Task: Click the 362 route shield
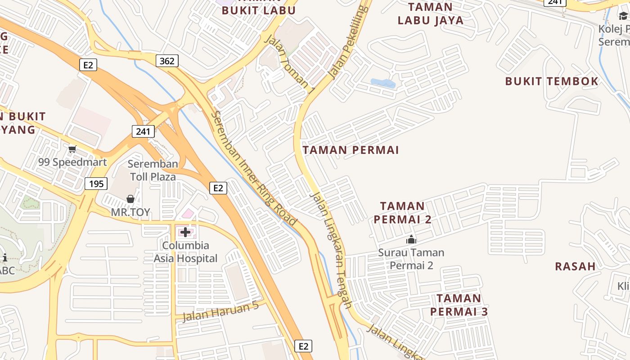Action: tap(167, 61)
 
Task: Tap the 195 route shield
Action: tap(96, 183)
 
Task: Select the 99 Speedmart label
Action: tap(72, 162)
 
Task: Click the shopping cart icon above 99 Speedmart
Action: tap(72, 149)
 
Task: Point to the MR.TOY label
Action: tap(130, 212)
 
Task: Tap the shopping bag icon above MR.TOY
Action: tap(130, 199)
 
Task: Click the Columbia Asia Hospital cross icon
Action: tap(185, 232)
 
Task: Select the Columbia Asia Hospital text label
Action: tap(185, 252)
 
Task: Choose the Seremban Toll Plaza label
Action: tap(153, 170)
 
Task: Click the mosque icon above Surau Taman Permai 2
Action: tap(411, 239)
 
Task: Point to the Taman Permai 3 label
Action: tap(459, 305)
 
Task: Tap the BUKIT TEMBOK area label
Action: tap(551, 81)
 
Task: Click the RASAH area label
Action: tap(575, 266)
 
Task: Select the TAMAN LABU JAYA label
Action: tap(431, 13)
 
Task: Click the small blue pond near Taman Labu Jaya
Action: tap(383, 83)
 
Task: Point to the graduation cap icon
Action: tap(623, 16)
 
